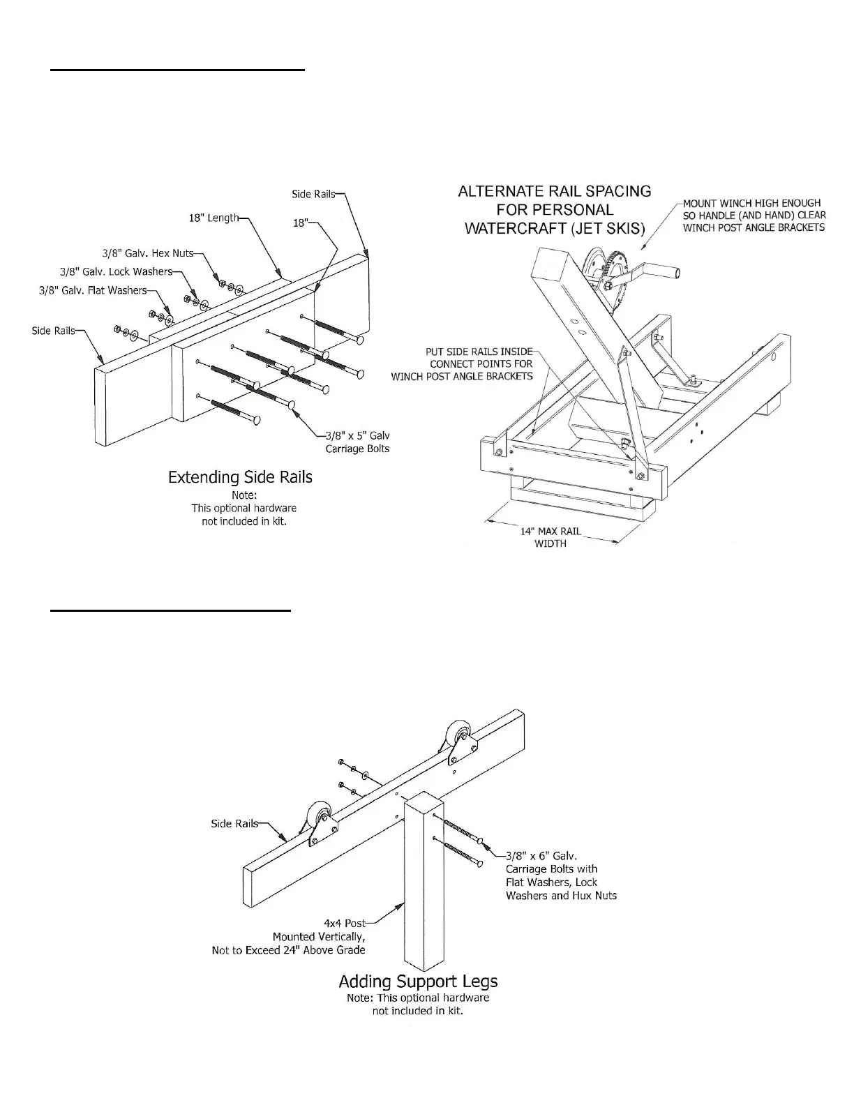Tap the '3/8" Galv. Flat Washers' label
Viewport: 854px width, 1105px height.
point(93,290)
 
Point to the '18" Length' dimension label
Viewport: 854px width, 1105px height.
point(214,218)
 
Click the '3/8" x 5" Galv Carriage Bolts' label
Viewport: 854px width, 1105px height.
point(357,442)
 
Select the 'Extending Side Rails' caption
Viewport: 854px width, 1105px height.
point(240,477)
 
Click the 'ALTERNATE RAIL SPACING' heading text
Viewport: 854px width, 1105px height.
point(555,191)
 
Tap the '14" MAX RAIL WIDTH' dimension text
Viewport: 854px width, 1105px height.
point(550,537)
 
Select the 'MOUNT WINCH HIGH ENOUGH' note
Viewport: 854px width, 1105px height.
point(751,203)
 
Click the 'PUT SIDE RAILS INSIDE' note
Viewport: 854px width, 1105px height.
point(479,352)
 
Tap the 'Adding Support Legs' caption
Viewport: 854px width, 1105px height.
point(418,982)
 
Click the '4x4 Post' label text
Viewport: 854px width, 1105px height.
point(345,923)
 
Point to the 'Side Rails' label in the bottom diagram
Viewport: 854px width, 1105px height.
point(234,824)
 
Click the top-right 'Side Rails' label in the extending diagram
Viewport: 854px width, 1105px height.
point(313,195)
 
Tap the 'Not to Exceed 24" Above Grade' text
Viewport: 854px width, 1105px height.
point(289,950)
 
